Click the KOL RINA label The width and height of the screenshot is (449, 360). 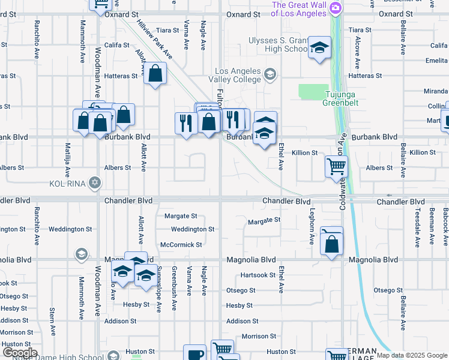tap(68, 182)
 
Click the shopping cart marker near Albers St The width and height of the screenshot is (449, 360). tap(336, 166)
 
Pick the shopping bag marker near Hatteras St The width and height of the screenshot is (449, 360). tap(155, 74)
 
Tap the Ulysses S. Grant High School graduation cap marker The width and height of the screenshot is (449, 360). tap(320, 47)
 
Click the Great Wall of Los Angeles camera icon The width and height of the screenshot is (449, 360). tap(336, 8)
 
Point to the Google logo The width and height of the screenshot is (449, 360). tap(20, 353)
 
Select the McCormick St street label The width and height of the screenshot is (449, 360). tap(181, 245)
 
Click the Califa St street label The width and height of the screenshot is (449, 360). tap(116, 45)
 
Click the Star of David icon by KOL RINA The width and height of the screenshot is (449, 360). tap(94, 182)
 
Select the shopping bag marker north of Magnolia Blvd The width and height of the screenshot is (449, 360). tap(331, 244)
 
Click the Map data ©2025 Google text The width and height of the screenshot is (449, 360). tap(412, 355)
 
